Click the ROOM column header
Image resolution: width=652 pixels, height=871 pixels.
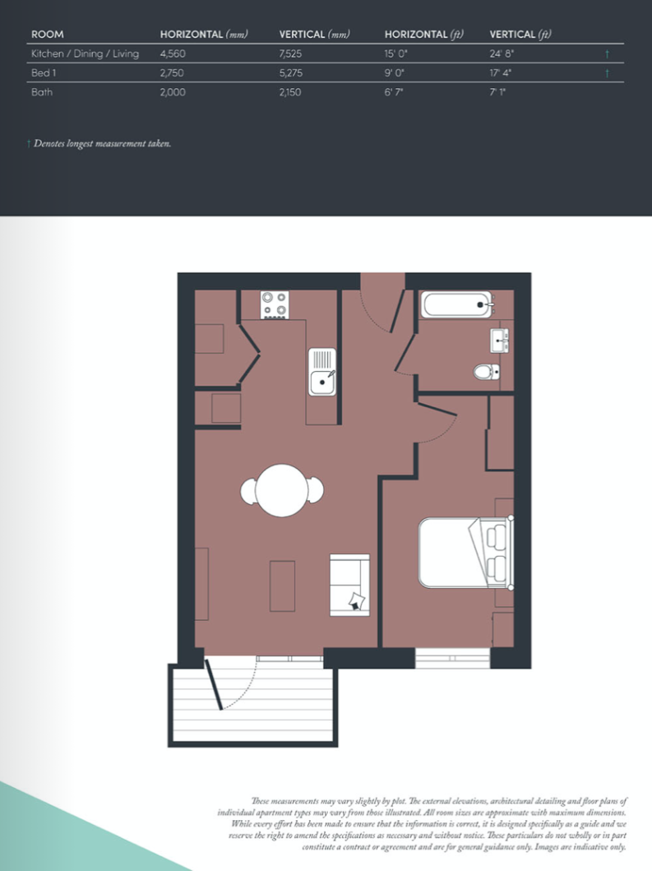(x=47, y=35)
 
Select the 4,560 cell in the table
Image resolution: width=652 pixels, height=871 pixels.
(x=173, y=53)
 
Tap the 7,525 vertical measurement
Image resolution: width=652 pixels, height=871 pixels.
(x=293, y=53)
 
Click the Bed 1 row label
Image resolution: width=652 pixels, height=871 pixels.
(x=44, y=73)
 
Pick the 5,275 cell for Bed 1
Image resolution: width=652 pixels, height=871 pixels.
(x=293, y=73)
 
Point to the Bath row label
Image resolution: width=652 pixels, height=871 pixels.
(x=42, y=92)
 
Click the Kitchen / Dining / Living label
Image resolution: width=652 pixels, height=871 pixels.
(x=85, y=53)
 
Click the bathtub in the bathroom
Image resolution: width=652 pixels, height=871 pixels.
(x=456, y=305)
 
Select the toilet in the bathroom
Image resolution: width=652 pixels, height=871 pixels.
(x=486, y=373)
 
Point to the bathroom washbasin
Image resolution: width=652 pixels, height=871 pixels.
(x=499, y=338)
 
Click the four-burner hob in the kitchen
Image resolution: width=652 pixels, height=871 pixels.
(x=275, y=305)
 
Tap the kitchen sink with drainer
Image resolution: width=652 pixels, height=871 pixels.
(x=322, y=372)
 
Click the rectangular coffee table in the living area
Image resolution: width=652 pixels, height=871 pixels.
(x=282, y=585)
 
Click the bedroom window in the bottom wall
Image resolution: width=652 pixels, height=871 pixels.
(x=452, y=658)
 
